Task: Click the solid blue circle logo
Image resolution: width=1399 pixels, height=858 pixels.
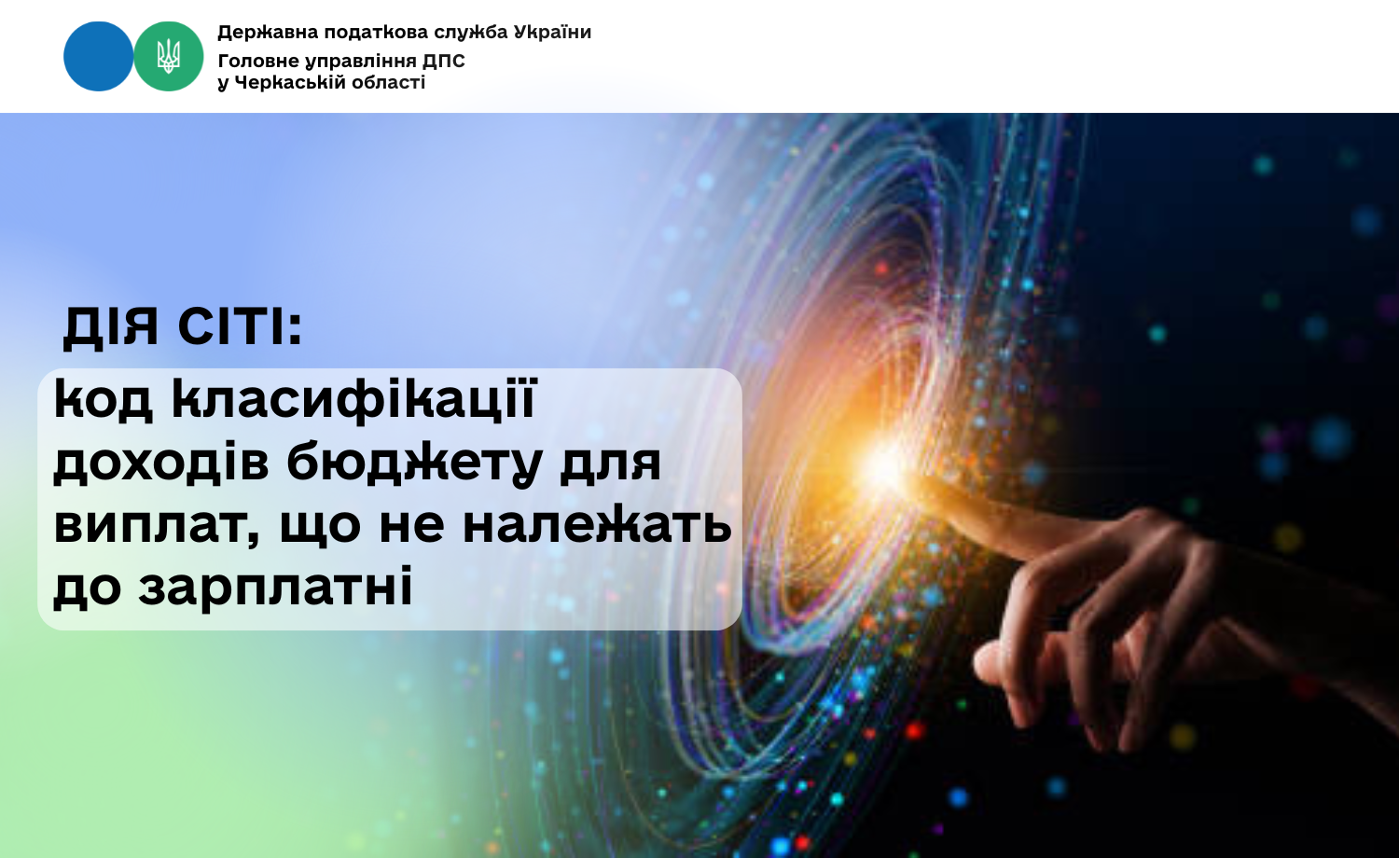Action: coord(99,56)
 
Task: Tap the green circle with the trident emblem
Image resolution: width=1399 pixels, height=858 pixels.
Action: coord(169,56)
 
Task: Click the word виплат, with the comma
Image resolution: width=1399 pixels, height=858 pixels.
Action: coord(156,525)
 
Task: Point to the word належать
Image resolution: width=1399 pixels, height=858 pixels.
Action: coord(597,524)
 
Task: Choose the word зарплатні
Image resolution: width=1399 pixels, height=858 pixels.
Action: coord(276,588)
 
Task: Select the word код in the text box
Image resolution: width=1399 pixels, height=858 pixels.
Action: coord(104,400)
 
